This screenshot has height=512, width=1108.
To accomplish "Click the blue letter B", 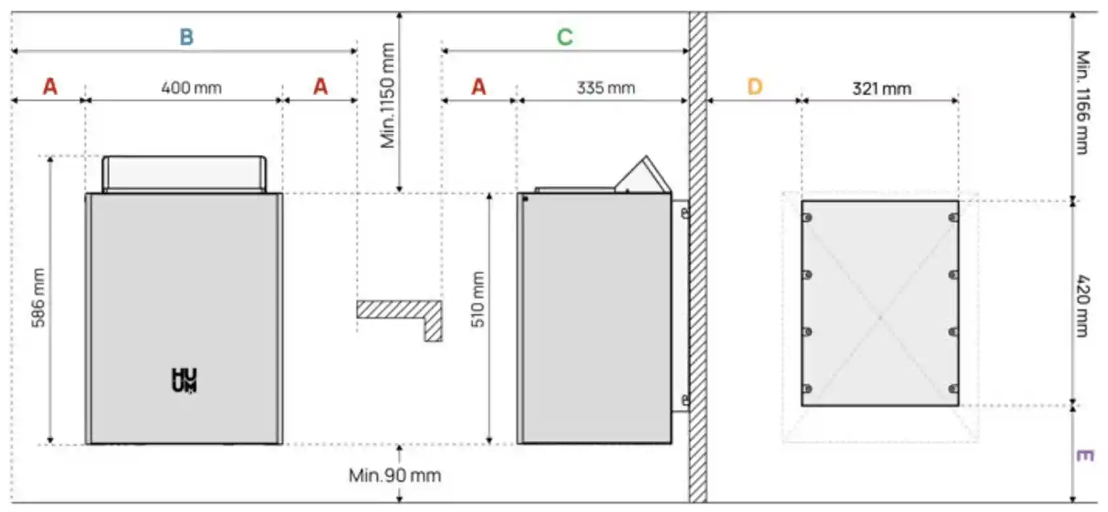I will tap(187, 37).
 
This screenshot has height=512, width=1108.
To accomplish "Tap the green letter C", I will tap(565, 37).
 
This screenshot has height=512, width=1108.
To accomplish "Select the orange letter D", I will tap(755, 87).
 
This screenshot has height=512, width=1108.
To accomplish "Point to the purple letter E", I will tap(1084, 455).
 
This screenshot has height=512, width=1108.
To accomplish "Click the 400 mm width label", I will tap(191, 88).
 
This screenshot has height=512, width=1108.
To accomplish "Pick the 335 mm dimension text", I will tap(606, 88).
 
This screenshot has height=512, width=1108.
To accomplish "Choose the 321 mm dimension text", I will tap(881, 88).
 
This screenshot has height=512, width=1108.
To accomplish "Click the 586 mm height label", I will tap(38, 297).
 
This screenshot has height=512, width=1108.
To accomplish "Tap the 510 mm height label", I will tap(478, 300).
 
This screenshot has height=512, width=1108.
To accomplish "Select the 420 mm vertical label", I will tap(1082, 306).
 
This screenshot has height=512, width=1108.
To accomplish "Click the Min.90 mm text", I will tap(395, 475).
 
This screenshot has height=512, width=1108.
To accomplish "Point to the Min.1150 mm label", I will tap(388, 96).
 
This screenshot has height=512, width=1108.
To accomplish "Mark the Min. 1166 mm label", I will tap(1082, 102).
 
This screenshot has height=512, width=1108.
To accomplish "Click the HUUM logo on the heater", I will tap(184, 380).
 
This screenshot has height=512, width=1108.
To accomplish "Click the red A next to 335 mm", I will tap(479, 87).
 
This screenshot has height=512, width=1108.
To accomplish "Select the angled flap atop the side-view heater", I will tap(643, 175).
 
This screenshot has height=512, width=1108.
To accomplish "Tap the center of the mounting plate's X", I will tap(880, 318).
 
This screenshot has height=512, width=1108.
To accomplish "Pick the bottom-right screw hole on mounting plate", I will tap(953, 389).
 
